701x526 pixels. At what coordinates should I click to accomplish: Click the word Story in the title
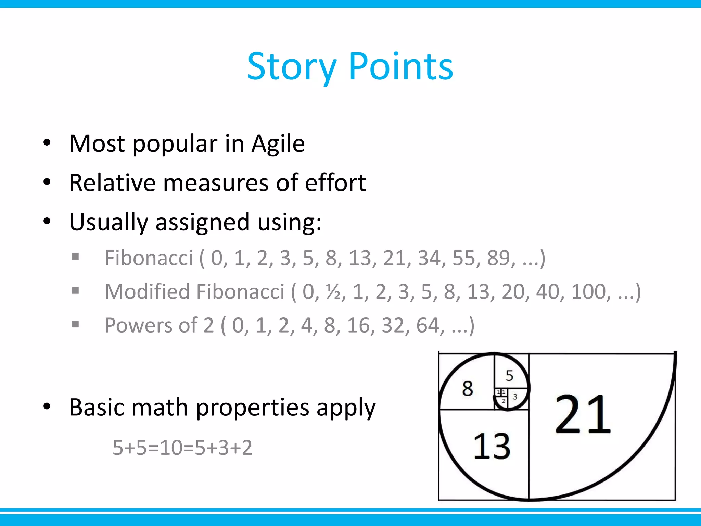pos(292,67)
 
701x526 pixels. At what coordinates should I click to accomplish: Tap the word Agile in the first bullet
pos(278,144)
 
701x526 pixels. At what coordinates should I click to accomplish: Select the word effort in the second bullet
pos(335,183)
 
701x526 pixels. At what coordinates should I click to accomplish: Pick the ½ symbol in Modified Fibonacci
pos(332,292)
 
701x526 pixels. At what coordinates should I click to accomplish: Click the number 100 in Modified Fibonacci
pos(591,292)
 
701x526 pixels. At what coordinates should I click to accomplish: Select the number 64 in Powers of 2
pos(428,325)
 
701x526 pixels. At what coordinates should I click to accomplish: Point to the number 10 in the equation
pos(171,448)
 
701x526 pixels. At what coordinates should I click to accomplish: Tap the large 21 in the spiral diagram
pos(583,415)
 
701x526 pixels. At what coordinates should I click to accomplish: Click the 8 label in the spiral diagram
pos(467,389)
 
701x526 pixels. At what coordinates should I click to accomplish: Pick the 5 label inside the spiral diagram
pos(509,376)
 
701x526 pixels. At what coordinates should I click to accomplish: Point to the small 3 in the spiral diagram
pos(515,397)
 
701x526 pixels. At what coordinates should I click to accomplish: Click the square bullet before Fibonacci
pos(75,257)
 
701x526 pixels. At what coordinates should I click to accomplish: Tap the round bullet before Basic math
pos(47,407)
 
